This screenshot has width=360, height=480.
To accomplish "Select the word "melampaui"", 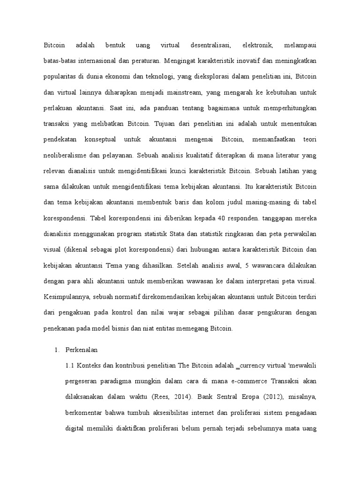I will pos(300,46).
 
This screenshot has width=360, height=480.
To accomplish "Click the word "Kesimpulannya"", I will pos(66,296).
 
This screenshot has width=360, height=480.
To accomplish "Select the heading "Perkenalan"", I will pos(81,350).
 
